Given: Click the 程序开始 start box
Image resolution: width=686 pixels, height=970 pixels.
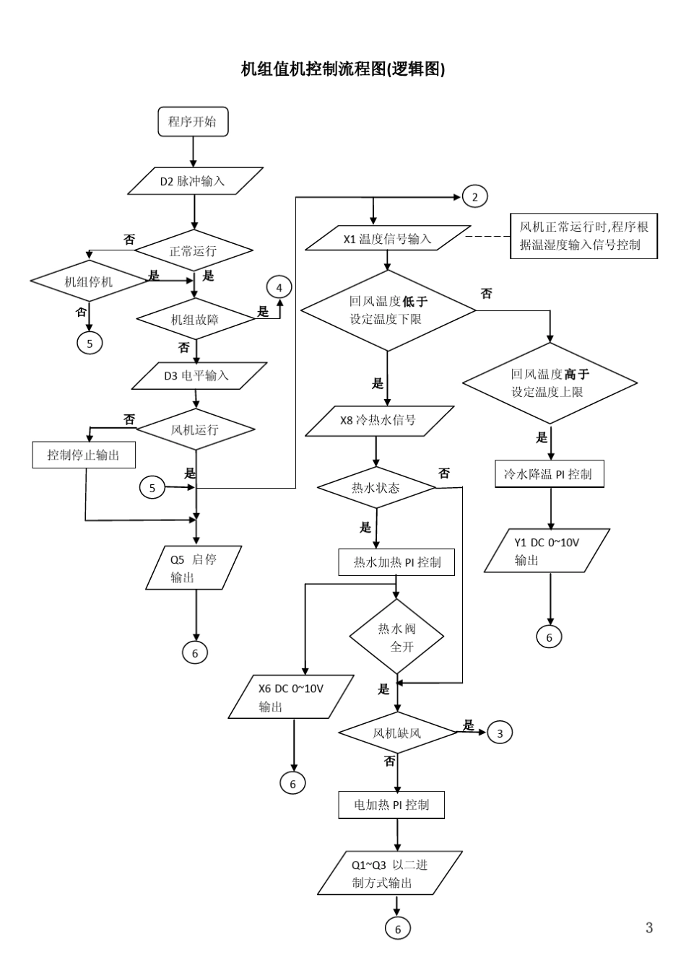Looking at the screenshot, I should [x=193, y=121].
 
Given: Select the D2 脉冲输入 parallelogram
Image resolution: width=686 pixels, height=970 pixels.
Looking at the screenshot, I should [x=193, y=181].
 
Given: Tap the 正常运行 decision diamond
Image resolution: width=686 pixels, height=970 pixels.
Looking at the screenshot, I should [x=194, y=251].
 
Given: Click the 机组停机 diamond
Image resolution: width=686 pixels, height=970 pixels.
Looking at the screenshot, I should [x=89, y=281].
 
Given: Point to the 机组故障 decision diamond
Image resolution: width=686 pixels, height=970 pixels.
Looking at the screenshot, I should [x=195, y=319].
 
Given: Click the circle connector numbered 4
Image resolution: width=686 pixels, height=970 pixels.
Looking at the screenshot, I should [x=279, y=287].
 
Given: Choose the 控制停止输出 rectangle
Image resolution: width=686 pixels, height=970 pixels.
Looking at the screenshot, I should [x=84, y=455].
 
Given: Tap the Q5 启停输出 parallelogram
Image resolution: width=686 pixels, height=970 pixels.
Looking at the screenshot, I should [x=194, y=568].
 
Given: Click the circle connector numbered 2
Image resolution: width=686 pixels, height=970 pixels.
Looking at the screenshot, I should [x=474, y=196].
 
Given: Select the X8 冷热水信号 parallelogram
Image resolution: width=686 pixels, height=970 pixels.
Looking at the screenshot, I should [x=379, y=421].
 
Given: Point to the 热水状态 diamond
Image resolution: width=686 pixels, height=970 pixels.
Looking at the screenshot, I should [x=376, y=488].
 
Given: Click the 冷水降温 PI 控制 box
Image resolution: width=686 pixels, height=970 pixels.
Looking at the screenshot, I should [x=549, y=474].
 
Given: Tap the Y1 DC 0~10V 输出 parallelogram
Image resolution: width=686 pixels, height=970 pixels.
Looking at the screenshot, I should [x=547, y=551].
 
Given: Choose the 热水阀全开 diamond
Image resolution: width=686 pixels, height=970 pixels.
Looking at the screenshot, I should [x=396, y=637].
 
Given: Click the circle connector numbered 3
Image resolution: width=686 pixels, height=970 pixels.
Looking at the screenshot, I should [x=500, y=733].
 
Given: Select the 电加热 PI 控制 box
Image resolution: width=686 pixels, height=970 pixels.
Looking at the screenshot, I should [x=391, y=805].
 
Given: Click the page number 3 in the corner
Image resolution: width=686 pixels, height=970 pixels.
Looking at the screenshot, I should [x=649, y=928].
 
